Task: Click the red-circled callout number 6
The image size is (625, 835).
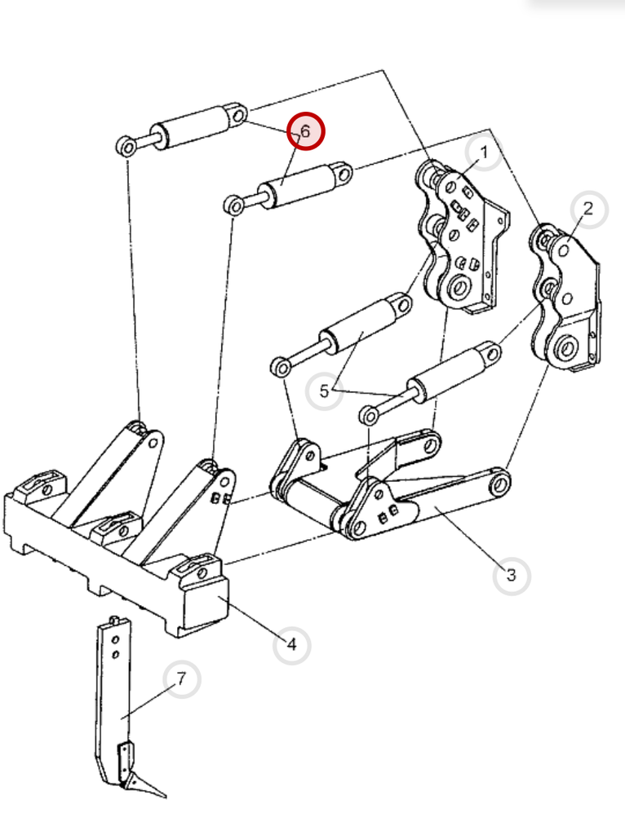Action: pos(305,131)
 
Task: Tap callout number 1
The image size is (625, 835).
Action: pos(484,152)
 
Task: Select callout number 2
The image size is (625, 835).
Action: pos(588,209)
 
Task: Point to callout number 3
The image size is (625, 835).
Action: pos(512,576)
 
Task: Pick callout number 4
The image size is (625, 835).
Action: pos(291,645)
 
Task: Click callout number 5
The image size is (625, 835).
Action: pos(324,392)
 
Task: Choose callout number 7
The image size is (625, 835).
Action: pos(182,679)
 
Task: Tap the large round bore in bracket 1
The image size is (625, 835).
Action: pos(457,288)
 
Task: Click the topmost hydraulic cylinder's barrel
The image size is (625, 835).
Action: pos(192,127)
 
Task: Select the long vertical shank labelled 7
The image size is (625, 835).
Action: pos(111,693)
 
